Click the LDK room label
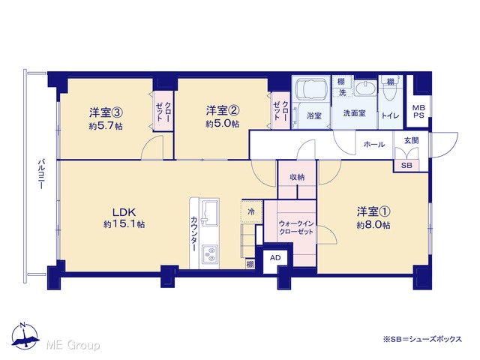click(124, 212)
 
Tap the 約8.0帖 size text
click(373, 225)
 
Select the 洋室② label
click(223, 110)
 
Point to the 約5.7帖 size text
click(106, 126)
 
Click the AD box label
click(275, 258)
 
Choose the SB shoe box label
click(406, 165)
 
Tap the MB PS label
click(418, 112)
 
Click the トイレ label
click(390, 115)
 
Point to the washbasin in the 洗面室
click(365, 88)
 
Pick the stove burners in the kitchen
click(210, 255)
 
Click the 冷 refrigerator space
click(251, 211)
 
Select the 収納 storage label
click(297, 177)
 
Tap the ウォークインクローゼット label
click(296, 228)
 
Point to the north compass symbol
click(25, 336)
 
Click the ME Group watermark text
click(73, 345)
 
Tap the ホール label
click(374, 144)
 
